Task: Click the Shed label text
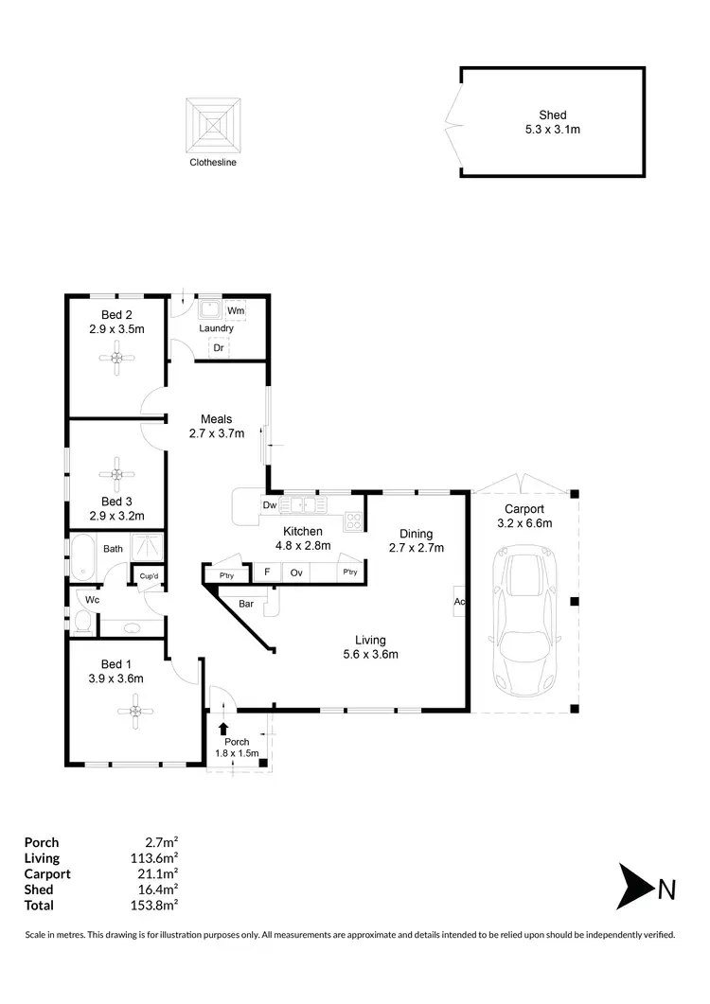coord(553,114)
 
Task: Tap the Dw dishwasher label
coord(270,505)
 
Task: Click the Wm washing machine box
coord(236,310)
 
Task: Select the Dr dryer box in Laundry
coord(218,348)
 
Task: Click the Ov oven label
coord(296,572)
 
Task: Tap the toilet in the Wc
coord(81,620)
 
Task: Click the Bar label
coord(246,603)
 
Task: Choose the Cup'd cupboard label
coord(149,576)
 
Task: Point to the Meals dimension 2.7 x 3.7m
coord(217,434)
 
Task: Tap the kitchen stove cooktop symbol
coord(353,519)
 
